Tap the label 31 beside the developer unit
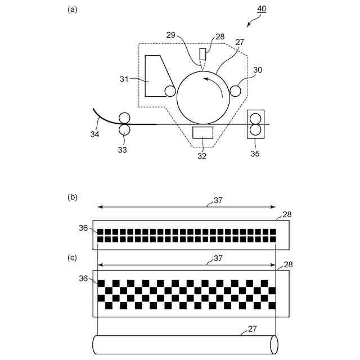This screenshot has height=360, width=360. (124, 79)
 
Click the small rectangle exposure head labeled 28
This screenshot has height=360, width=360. (203, 55)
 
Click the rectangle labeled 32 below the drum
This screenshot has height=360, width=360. (202, 133)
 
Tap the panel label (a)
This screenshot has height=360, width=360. (71, 9)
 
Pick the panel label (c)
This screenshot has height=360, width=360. (71, 258)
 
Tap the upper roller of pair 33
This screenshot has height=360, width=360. (123, 118)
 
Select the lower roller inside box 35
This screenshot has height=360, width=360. (255, 130)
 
